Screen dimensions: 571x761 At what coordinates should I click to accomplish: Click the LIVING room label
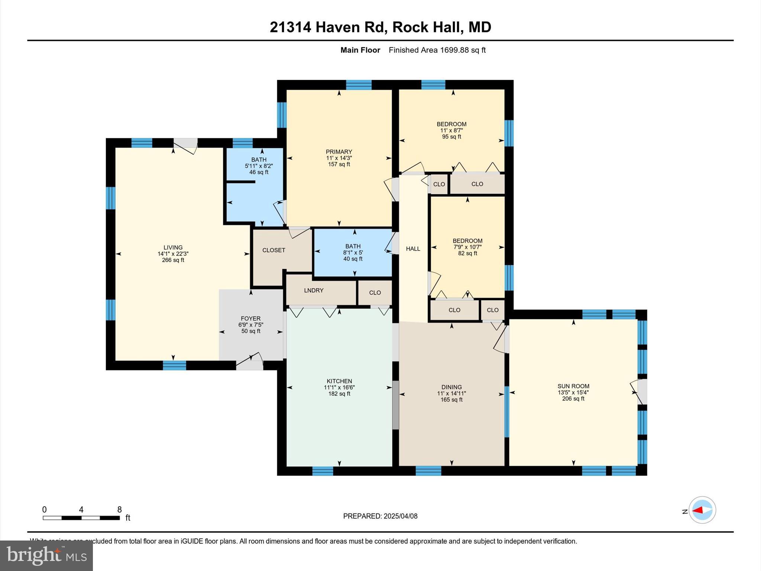pos(173,248)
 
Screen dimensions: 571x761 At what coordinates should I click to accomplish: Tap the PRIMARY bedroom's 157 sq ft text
pos(339,164)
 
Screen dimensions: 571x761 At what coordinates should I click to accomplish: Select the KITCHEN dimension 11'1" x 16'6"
pos(339,387)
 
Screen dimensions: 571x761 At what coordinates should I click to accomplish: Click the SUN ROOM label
pos(573,386)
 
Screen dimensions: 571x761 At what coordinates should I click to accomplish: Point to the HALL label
pos(413,249)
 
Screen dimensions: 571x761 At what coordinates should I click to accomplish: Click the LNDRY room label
pos(314,290)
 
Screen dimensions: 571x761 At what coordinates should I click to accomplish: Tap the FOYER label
pos(250,319)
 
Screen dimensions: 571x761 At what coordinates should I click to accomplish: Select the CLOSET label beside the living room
pos(273,250)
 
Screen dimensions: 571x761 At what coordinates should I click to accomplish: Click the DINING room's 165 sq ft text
pos(451,400)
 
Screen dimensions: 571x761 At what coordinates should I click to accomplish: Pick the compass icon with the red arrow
pos(702,510)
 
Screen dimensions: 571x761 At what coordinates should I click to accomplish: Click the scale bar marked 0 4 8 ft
pos(81,517)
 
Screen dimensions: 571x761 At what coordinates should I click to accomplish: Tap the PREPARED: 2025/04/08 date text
pos(380,516)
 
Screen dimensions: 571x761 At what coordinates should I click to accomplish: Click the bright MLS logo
pos(46,555)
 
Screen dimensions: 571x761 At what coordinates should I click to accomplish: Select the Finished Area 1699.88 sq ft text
pos(437,50)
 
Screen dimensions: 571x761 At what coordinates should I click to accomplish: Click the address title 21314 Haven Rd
pos(380,27)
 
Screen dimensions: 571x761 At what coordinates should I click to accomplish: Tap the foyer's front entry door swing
pos(250,361)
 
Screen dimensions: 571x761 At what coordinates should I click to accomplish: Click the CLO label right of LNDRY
pos(375,293)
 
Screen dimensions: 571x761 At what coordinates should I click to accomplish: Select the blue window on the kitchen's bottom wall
pos(323,471)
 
